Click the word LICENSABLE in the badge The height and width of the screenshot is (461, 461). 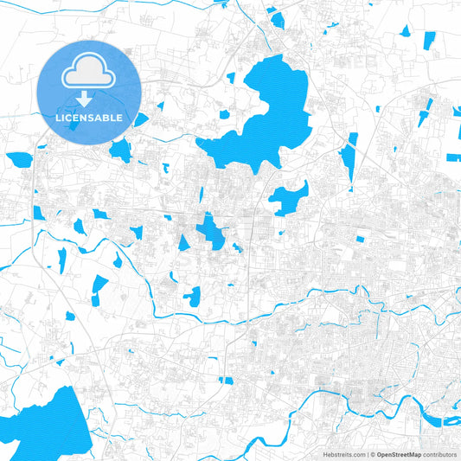pyautogui.click(x=89, y=118)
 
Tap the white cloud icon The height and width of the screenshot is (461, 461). pyautogui.click(x=89, y=74)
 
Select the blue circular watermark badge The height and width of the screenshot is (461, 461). pyautogui.click(x=89, y=91)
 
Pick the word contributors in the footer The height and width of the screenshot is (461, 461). pyautogui.click(x=439, y=453)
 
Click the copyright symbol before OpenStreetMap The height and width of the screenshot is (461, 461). pyautogui.click(x=372, y=453)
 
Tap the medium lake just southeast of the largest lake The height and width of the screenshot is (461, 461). pyautogui.click(x=290, y=199)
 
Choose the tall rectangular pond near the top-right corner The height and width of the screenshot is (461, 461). pyautogui.click(x=429, y=39)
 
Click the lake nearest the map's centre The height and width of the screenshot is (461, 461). pyautogui.click(x=210, y=231)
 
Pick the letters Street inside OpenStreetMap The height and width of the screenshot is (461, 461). pyautogui.click(x=399, y=453)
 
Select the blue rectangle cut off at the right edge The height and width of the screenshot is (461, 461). pyautogui.click(x=454, y=157)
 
